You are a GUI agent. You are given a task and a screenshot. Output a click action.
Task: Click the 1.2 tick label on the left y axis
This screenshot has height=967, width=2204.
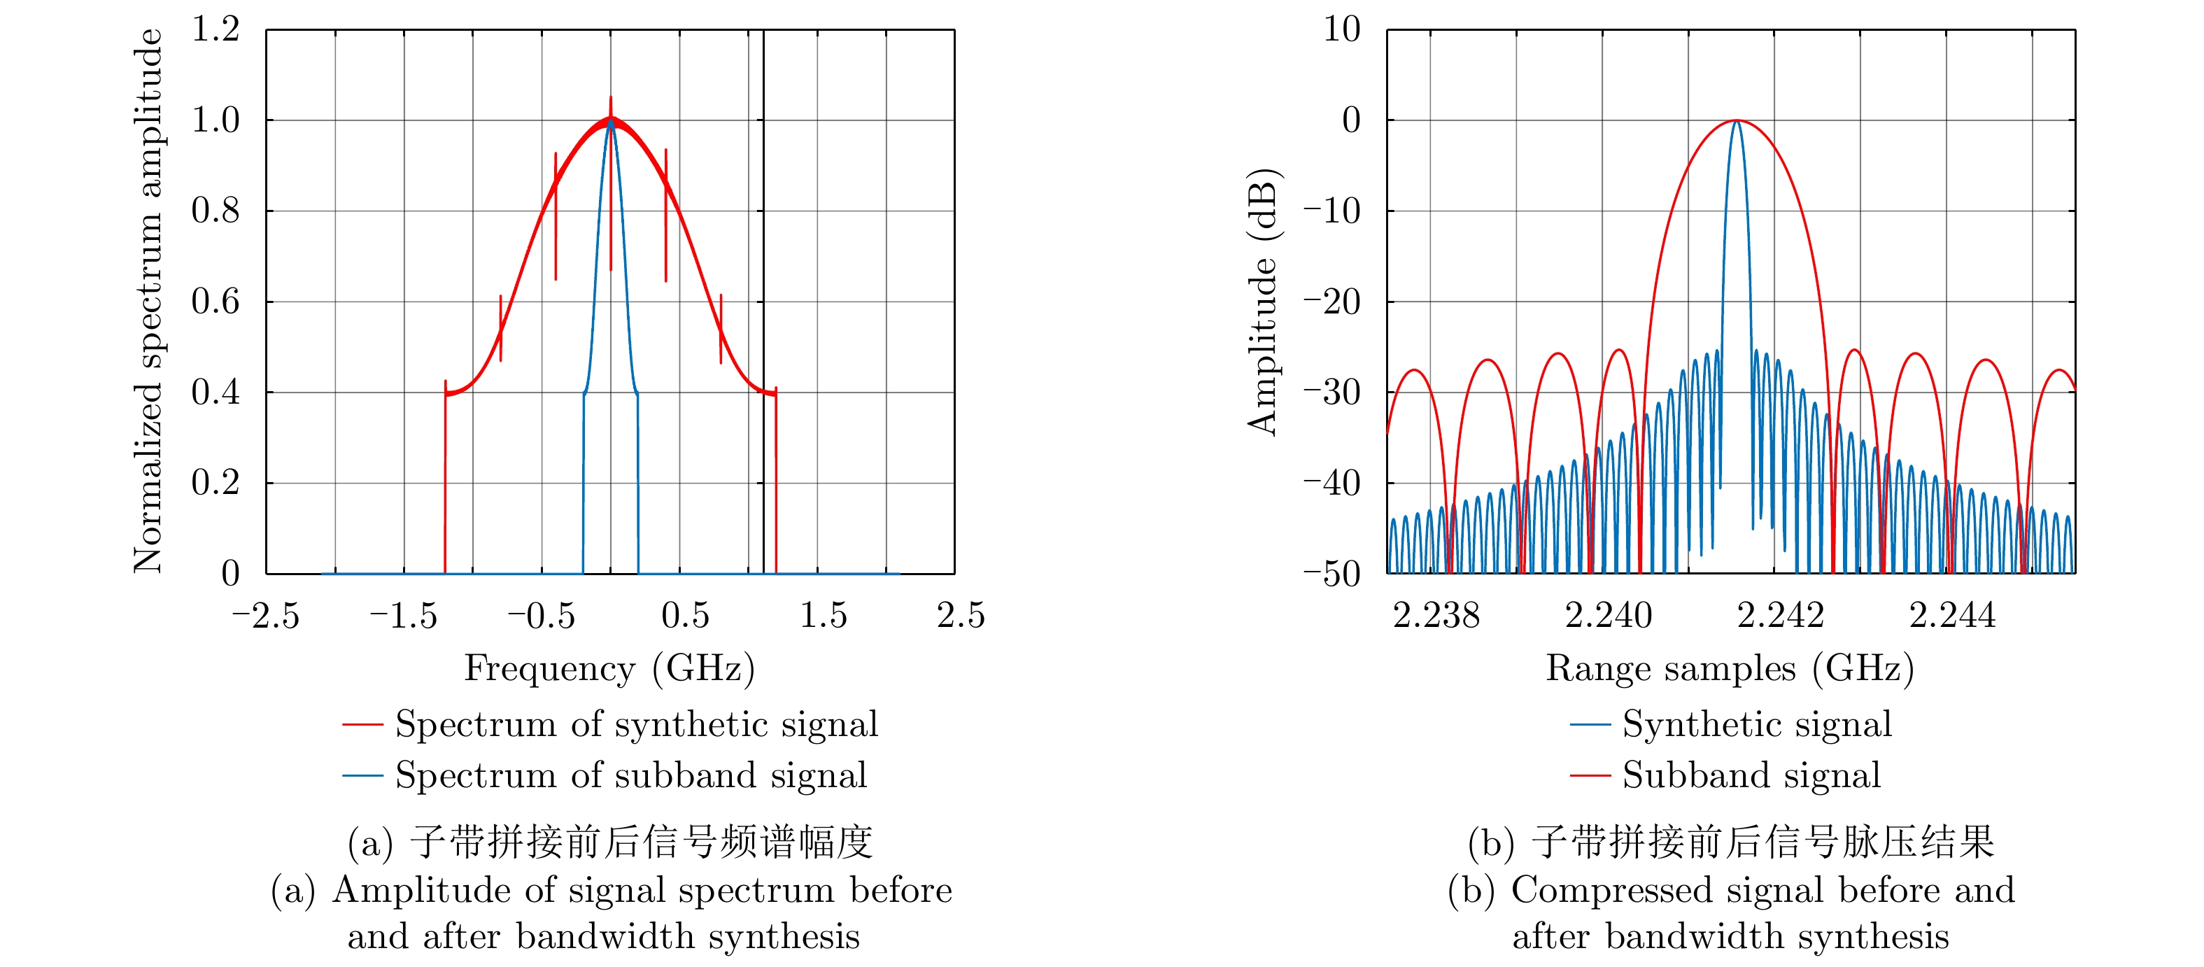coord(215,30)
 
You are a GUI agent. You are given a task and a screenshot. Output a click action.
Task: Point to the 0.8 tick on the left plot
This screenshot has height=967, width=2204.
coord(215,211)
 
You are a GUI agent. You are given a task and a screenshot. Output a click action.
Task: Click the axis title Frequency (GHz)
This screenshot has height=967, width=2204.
coord(609,668)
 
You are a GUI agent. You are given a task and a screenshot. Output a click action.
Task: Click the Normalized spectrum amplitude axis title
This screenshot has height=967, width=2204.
coord(148,301)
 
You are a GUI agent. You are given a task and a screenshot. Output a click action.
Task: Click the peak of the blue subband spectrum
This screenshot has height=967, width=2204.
coord(610,122)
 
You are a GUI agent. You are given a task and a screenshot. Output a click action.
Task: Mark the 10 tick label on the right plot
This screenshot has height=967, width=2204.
coord(1341,30)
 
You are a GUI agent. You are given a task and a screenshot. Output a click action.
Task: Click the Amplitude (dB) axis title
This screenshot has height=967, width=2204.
coord(1262,301)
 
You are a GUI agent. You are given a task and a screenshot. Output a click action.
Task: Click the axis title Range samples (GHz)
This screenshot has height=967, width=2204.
coord(1729,668)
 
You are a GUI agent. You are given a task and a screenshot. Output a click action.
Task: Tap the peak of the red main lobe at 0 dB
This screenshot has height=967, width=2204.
coord(1736,120)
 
